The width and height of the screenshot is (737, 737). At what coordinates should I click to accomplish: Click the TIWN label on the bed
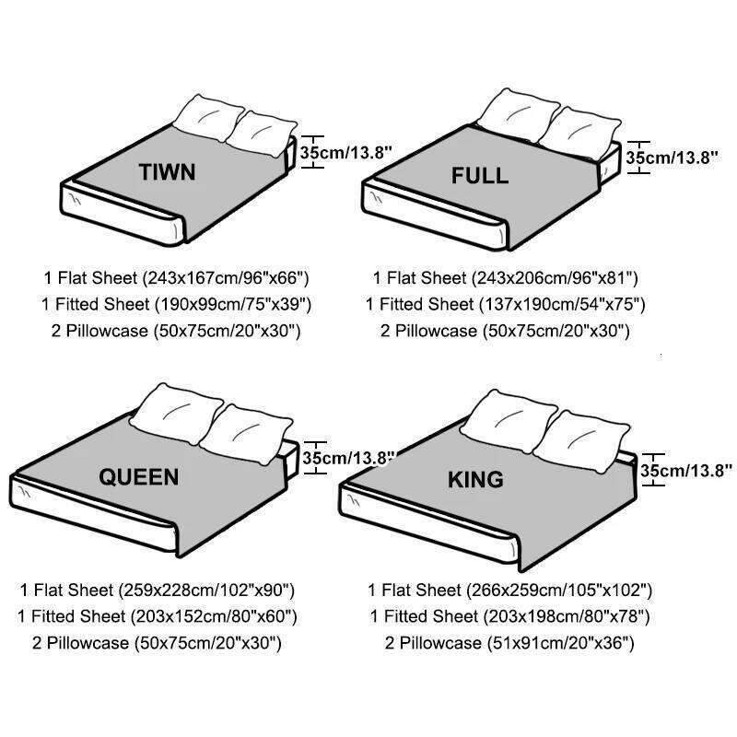pyautogui.click(x=167, y=171)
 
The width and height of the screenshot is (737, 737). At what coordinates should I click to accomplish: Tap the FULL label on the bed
pyautogui.click(x=479, y=175)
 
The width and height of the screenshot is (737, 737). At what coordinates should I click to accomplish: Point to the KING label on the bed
pyautogui.click(x=475, y=479)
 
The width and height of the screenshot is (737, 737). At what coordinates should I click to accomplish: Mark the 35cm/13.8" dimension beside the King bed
pyautogui.click(x=685, y=470)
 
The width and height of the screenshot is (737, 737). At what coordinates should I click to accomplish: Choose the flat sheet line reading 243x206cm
pyautogui.click(x=505, y=276)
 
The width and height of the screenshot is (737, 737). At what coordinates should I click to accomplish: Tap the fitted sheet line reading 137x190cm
pyautogui.click(x=505, y=303)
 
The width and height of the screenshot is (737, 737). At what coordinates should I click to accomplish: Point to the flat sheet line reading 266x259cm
pyautogui.click(x=509, y=590)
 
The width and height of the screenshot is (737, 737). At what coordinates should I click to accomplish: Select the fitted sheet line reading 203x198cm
pyautogui.click(x=509, y=616)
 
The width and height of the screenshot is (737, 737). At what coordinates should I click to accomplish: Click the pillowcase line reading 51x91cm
pyautogui.click(x=509, y=643)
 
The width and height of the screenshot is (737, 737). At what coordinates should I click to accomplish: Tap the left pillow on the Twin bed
pyautogui.click(x=207, y=117)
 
